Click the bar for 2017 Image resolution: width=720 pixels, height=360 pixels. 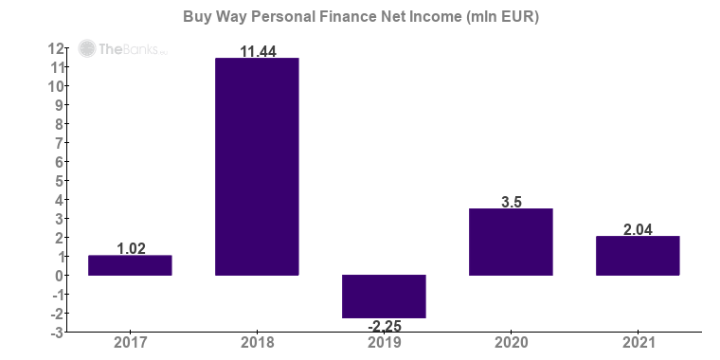130,265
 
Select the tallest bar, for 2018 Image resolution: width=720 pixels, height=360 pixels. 257,167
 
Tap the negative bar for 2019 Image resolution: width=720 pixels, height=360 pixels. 384,297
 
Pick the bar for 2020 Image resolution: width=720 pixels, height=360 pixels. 511,242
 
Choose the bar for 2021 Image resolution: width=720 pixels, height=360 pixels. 638,256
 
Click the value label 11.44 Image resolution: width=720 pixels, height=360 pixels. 257,51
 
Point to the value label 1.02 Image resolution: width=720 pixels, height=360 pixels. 130,248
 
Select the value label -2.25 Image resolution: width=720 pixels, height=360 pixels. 384,326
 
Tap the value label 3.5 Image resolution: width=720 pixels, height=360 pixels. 511,201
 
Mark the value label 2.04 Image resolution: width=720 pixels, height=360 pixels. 638,229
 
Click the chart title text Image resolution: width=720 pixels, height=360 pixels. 360,17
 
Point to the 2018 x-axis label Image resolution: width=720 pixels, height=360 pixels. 257,344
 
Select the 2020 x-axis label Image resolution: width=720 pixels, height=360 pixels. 511,344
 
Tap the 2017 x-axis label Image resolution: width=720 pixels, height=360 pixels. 130,344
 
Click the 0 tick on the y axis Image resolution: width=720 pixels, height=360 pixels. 59,276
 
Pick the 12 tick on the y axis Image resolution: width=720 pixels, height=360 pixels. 56,48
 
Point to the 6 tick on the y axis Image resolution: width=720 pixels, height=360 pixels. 59,162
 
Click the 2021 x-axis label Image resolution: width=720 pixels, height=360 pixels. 638,344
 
